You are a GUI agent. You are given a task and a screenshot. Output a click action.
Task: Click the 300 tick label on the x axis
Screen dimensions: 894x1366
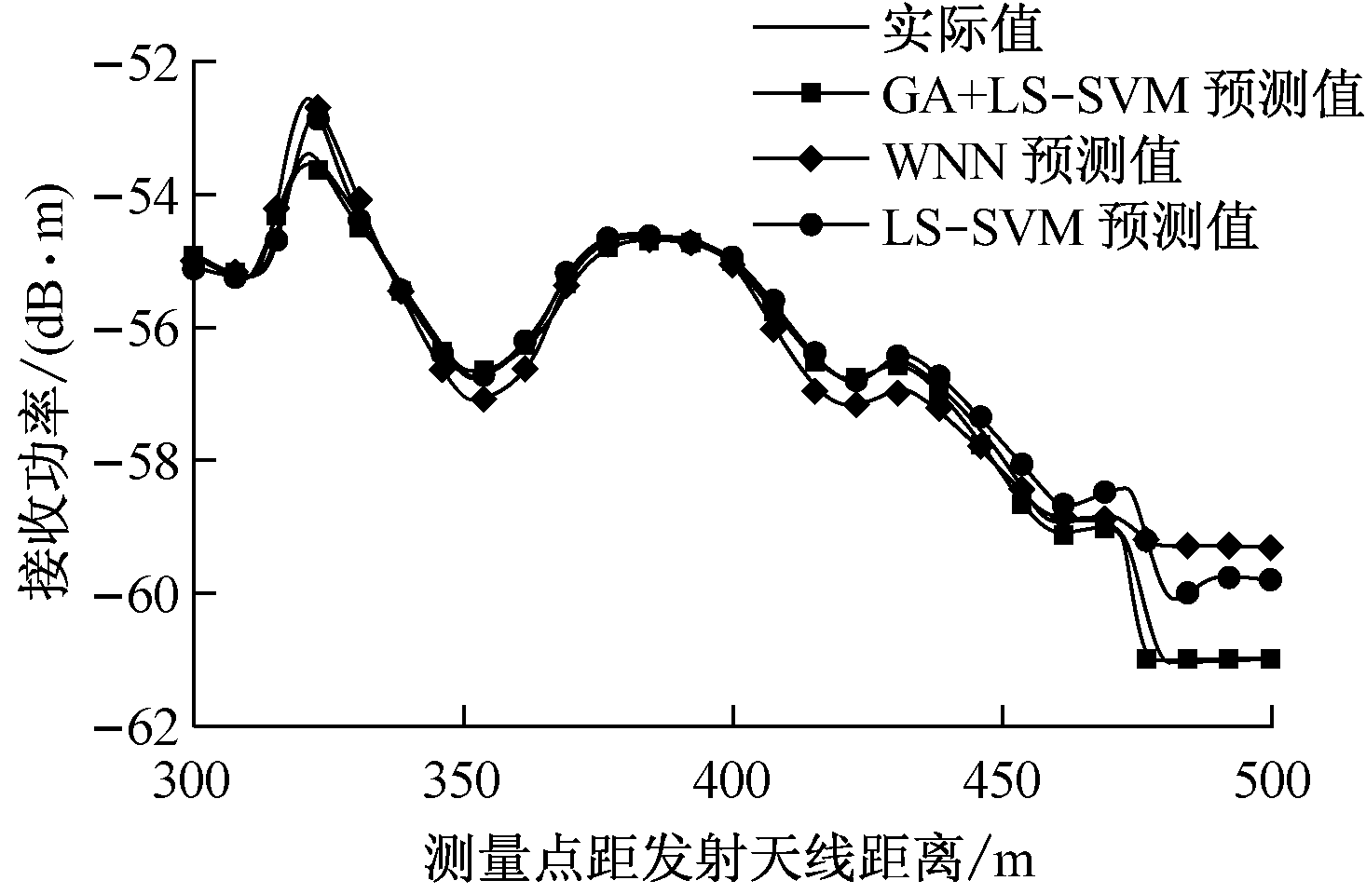[194, 780]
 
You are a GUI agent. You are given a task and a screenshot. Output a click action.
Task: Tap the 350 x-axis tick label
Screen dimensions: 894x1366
[463, 780]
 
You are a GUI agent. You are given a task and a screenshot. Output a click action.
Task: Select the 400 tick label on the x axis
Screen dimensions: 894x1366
[733, 780]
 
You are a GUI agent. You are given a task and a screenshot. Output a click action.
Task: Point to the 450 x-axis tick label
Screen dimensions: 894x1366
[1003, 780]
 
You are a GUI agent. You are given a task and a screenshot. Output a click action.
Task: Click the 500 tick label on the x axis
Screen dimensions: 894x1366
[1272, 780]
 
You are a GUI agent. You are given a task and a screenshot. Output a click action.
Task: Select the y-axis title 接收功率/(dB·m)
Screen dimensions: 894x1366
[42, 394]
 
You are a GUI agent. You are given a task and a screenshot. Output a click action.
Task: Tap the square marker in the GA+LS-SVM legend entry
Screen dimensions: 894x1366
[812, 93]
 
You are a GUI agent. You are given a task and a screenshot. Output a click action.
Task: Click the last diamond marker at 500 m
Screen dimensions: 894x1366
[1271, 547]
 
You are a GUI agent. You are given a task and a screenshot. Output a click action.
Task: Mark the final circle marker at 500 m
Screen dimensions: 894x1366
[1271, 579]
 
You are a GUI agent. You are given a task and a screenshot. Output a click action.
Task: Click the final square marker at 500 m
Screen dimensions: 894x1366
[1271, 658]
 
